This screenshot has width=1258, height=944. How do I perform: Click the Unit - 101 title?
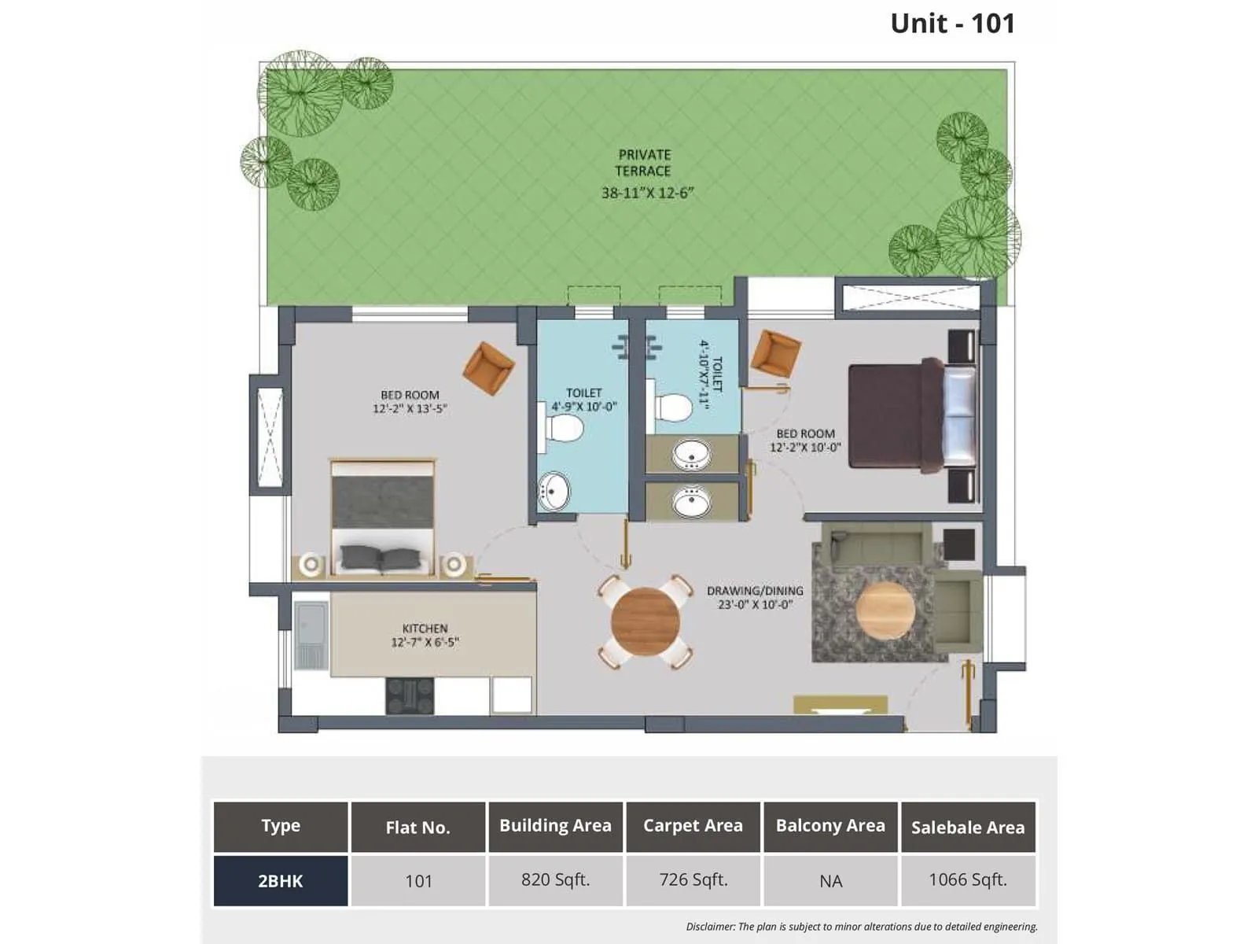coord(952,24)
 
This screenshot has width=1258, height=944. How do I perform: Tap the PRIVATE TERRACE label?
coord(643,163)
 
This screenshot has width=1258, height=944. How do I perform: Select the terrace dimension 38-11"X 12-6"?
coord(647,193)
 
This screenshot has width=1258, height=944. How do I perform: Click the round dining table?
coord(646,621)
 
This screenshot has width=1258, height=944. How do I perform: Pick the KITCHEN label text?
coord(425,629)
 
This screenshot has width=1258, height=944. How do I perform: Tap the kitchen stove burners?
coord(410,695)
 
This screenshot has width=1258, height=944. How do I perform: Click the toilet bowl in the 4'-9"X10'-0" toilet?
coord(565,428)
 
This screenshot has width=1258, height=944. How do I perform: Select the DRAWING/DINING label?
coord(755,591)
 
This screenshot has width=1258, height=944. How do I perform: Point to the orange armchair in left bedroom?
coord(488,367)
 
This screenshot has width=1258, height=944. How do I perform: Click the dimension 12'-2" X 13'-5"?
coord(410,409)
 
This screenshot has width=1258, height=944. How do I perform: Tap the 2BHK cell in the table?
coord(281,881)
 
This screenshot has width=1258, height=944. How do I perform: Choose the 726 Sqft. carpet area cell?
coord(693,880)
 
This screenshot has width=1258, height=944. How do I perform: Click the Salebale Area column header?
coord(968,828)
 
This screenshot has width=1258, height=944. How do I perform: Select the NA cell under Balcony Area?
coord(830,881)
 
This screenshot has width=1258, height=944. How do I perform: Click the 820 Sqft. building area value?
coord(555,880)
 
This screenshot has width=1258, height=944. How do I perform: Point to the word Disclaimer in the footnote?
coord(709,927)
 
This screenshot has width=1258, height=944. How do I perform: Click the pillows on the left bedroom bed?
coord(381,558)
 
